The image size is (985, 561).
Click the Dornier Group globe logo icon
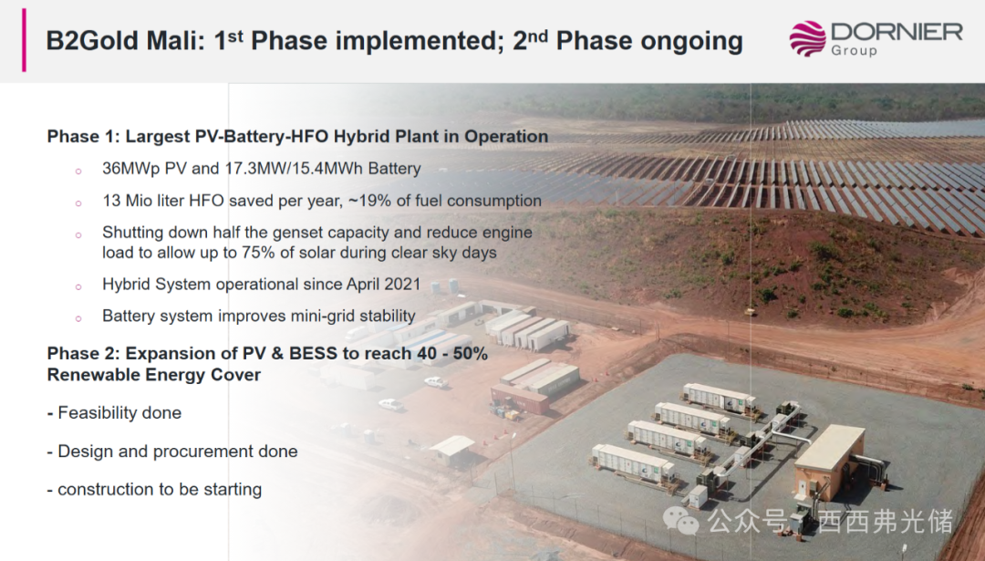pyautogui.click(x=807, y=38)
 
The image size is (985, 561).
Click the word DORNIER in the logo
pyautogui.click(x=897, y=32)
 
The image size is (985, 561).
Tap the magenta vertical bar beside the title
pyautogui.click(x=24, y=40)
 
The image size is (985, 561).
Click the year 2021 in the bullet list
pyautogui.click(x=402, y=284)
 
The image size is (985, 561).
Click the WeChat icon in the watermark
pyautogui.click(x=681, y=522)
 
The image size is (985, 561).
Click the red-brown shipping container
pyautogui.click(x=520, y=399)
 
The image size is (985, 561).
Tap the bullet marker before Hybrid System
pyautogui.click(x=78, y=286)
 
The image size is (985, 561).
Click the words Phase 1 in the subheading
pyautogui.click(x=82, y=136)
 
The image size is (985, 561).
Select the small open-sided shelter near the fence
pyautogui.click(x=452, y=449)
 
